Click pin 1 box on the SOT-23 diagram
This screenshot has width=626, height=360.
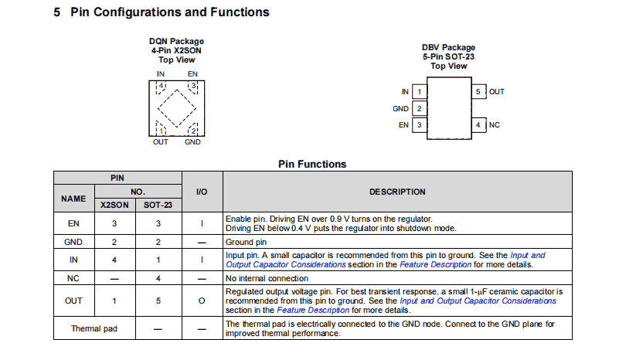click(419, 92)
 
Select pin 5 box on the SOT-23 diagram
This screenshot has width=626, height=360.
click(478, 92)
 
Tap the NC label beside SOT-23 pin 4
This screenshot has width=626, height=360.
click(495, 124)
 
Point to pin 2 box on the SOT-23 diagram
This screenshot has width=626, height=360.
click(419, 108)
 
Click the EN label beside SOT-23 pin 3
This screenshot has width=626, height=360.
click(403, 124)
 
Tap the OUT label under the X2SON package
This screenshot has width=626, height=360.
click(160, 142)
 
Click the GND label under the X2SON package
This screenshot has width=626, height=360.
click(192, 142)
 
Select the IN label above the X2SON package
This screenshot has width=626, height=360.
click(160, 74)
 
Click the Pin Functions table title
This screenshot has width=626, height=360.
click(312, 164)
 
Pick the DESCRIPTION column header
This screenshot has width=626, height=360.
click(397, 192)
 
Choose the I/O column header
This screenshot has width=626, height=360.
click(201, 192)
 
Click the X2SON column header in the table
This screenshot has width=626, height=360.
click(114, 205)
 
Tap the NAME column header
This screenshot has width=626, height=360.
click(73, 199)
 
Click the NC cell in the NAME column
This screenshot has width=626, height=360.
click(73, 277)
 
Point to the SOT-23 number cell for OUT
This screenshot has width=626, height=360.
click(158, 301)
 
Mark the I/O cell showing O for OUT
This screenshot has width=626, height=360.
click(201, 301)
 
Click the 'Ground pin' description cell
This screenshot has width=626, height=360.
click(246, 241)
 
